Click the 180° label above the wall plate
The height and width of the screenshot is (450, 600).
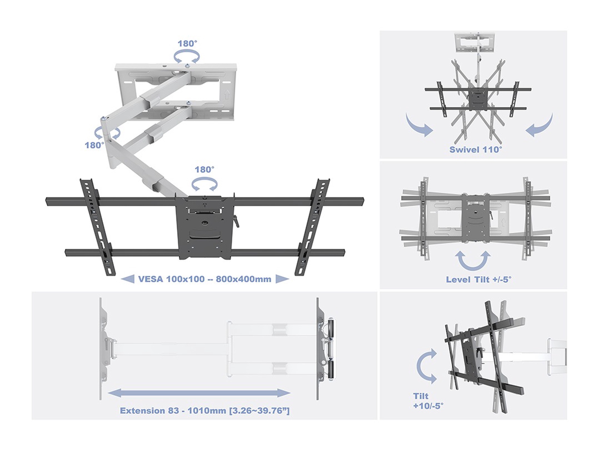187,43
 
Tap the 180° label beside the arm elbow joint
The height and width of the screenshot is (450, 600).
94,145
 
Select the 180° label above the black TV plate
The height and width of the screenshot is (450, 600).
205,169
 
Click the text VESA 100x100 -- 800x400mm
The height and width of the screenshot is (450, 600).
205,279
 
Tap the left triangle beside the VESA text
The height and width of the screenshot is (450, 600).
127,279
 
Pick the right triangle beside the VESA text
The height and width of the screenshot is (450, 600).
282,279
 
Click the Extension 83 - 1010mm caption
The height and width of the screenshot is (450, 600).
205,410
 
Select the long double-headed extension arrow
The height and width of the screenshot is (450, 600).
199,393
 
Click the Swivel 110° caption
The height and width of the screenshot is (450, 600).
475,149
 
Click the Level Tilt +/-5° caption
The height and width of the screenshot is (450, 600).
478,279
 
